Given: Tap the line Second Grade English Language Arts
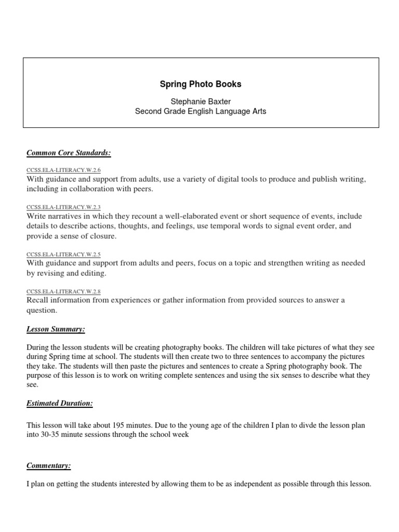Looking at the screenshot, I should pos(200,111).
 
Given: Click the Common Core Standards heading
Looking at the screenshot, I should pos(69,153).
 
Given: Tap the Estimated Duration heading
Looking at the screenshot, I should pos(60,404).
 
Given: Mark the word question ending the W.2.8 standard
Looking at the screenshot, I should pos(42,310).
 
